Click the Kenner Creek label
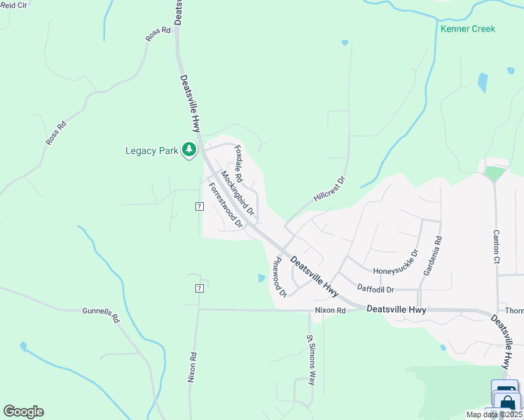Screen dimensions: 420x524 (x=467, y=29)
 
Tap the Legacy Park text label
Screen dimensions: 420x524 (x=152, y=150)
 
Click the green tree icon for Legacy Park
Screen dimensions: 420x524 (x=188, y=150)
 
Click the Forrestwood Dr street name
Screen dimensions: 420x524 (x=226, y=205)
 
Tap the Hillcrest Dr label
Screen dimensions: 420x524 (x=330, y=189)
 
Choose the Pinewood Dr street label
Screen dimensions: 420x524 (x=280, y=276)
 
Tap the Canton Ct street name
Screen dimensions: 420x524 (x=496, y=241)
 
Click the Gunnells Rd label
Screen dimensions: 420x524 (x=102, y=316)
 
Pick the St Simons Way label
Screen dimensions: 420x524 (x=310, y=360)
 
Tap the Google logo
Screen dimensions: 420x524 (x=23, y=412)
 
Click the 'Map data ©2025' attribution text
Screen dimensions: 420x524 (x=493, y=414)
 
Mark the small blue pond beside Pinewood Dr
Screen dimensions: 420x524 (x=261, y=278)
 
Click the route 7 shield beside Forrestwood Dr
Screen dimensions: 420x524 (x=200, y=206)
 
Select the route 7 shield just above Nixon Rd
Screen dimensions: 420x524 (x=200, y=288)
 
